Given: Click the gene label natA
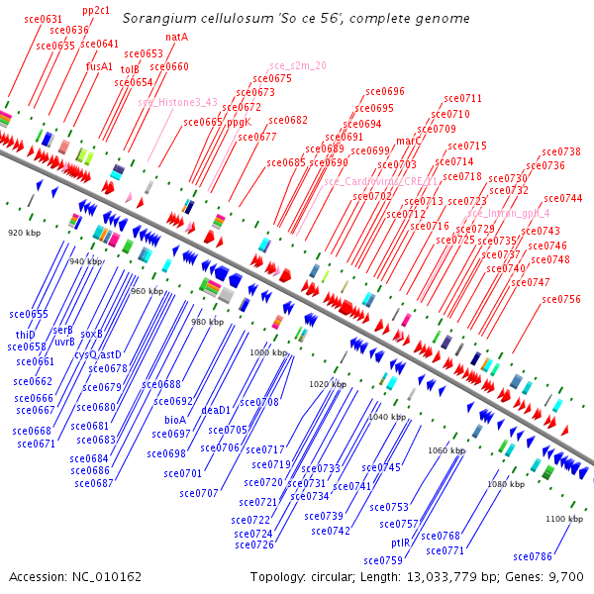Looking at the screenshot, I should pyautogui.click(x=177, y=37).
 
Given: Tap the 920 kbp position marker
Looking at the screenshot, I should pyautogui.click(x=22, y=233).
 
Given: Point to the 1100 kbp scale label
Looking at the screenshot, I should pyautogui.click(x=563, y=519).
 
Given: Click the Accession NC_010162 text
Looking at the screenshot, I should pyautogui.click(x=75, y=576).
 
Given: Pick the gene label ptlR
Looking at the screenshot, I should pyautogui.click(x=400, y=543).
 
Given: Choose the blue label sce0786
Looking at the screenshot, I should pyautogui.click(x=559, y=556).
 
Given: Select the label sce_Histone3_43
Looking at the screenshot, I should pyautogui.click(x=177, y=102).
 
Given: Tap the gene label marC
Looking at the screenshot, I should pyautogui.click(x=409, y=141).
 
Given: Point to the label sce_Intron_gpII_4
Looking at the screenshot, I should pyautogui.click(x=508, y=213).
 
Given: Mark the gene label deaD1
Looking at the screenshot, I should pyautogui.click(x=216, y=410).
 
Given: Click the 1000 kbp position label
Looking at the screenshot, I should pyautogui.click(x=266, y=352).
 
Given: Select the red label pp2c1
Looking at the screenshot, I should pyautogui.click(x=96, y=9).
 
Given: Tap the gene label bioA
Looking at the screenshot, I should pyautogui.click(x=175, y=420).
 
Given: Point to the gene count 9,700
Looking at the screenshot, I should pyautogui.click(x=567, y=576).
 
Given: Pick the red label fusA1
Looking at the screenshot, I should pyautogui.click(x=99, y=66).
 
